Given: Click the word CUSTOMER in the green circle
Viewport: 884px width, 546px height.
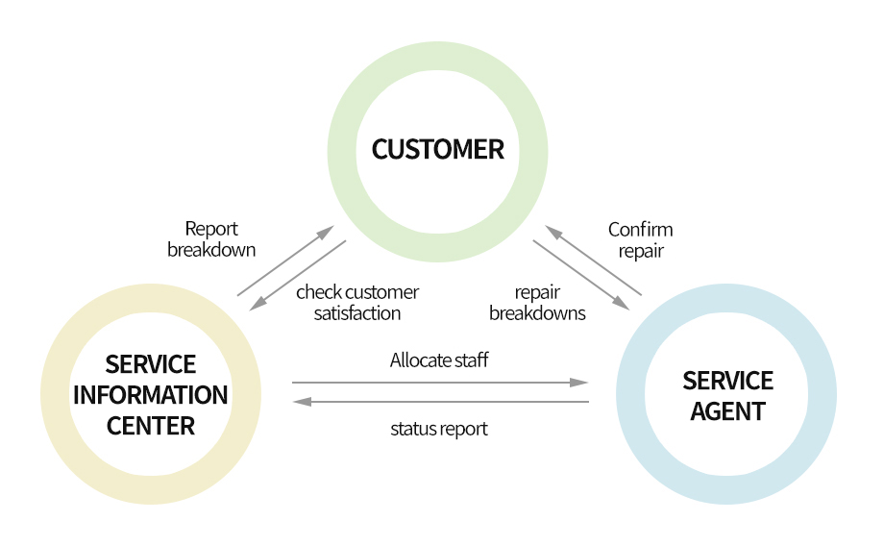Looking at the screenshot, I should pos(437,150).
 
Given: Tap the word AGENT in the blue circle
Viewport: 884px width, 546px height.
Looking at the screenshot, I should pos(727,411).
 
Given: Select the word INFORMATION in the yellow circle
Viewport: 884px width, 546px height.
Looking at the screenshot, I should pos(151,395).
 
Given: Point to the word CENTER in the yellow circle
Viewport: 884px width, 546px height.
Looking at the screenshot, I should pos(151,426).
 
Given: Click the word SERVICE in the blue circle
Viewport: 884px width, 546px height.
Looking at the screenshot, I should pos(727,381).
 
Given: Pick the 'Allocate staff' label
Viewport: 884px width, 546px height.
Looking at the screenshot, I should pos(439,360).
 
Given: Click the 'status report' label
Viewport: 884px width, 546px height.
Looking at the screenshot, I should pos(439,429).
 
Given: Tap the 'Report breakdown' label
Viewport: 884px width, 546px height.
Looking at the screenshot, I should pos(211,239).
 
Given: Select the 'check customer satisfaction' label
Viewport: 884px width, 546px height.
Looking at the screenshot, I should pos(357,302).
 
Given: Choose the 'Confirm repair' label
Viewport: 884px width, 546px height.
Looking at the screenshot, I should pos(640,239).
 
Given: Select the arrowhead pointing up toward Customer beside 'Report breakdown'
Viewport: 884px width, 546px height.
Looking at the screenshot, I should pos(326,232).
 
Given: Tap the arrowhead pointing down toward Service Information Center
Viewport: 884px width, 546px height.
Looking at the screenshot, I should pos(256,306).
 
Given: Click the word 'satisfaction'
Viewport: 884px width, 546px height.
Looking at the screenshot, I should pos(357,312).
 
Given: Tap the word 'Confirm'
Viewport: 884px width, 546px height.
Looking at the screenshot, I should pos(640,230).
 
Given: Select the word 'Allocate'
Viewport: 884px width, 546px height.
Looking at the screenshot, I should pos(420,360).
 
